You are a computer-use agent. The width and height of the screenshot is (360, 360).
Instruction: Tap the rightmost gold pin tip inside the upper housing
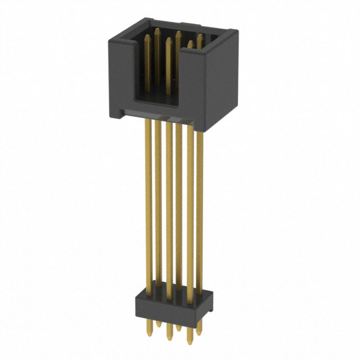(x=199, y=38)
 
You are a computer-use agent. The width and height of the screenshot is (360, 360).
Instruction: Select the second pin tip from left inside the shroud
(x=157, y=31)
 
